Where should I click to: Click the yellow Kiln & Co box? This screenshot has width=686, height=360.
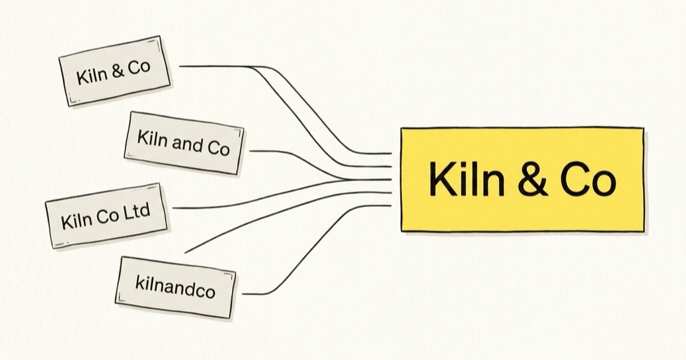pyautogui.click(x=523, y=179)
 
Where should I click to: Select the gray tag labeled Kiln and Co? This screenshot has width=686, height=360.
pyautogui.click(x=184, y=143)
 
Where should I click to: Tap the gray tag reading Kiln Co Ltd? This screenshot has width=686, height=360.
pyautogui.click(x=106, y=216)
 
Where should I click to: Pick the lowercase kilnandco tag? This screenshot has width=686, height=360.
pyautogui.click(x=176, y=287)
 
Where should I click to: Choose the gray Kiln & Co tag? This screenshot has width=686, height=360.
pyautogui.click(x=114, y=71)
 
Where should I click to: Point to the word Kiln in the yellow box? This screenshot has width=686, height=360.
pyautogui.click(x=466, y=179)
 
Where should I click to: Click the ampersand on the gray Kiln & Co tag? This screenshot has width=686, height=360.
pyautogui.click(x=118, y=71)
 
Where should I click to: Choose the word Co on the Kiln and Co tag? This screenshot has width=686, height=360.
pyautogui.click(x=218, y=149)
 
